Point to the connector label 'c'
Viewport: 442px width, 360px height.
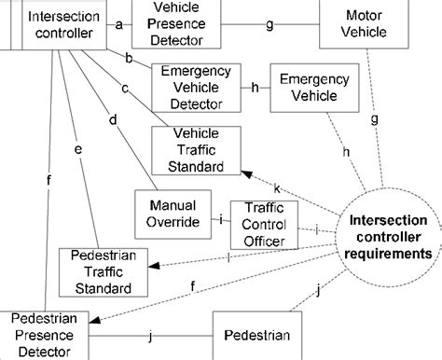pyautogui.click(x=124, y=89)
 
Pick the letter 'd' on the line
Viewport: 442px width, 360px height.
pyautogui.click(x=113, y=119)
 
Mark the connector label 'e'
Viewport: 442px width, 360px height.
pyautogui.click(x=78, y=148)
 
